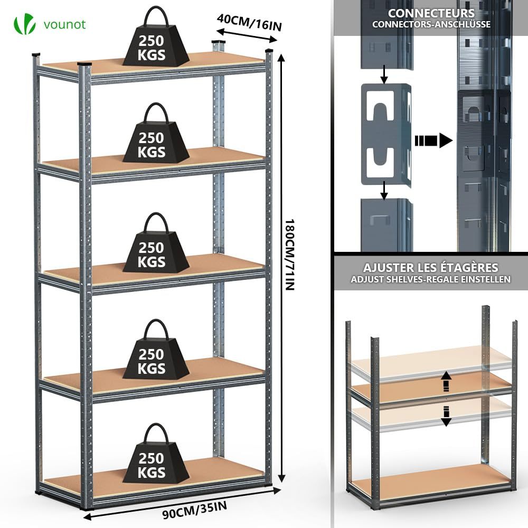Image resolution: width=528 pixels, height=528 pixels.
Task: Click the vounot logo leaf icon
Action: pos(25,24)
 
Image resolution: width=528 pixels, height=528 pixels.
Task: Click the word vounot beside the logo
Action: pos(65,24)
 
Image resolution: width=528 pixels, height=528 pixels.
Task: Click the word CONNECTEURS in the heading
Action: pos(431,13)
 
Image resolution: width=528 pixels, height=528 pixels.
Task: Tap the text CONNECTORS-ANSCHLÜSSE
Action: pos(431,24)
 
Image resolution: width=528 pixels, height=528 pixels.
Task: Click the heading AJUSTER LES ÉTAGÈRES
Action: pos(430,268)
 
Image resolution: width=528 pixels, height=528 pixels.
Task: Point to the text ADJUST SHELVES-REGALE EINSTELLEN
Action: pos(430,279)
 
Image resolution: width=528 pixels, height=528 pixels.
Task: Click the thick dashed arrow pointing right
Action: pos(433,140)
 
